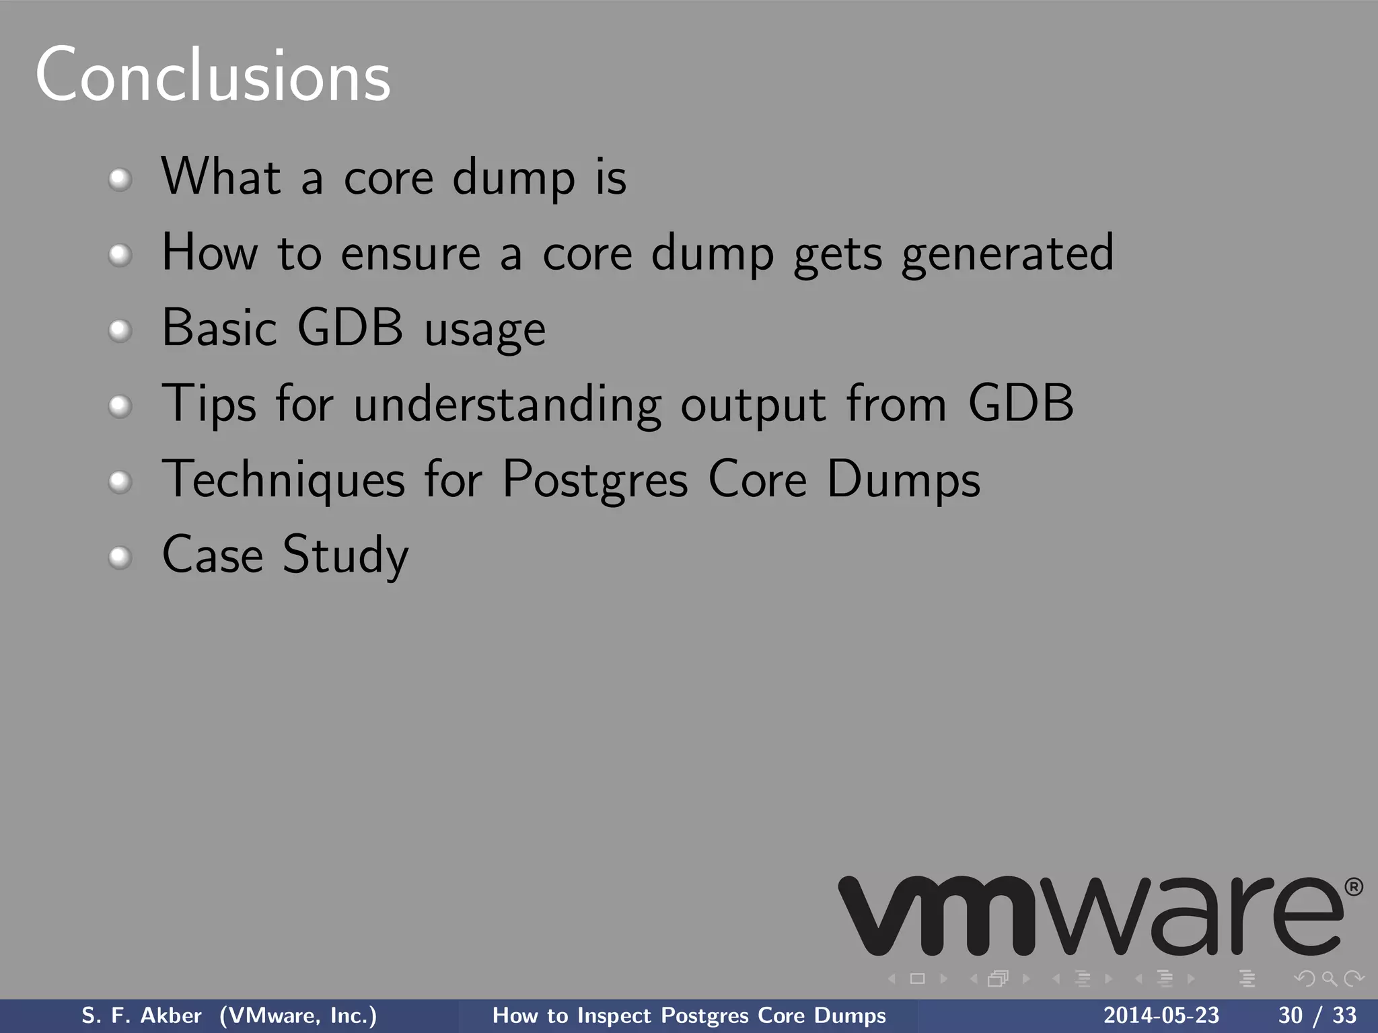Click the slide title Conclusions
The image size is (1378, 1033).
pyautogui.click(x=213, y=75)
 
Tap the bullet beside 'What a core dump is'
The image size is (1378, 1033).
pyautogui.click(x=120, y=180)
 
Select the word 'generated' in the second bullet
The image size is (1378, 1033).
pyautogui.click(x=1007, y=254)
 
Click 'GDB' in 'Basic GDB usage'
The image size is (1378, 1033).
pyautogui.click(x=350, y=328)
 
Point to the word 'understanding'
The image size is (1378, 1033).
pyautogui.click(x=507, y=405)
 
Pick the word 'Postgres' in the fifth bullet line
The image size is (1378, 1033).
pyautogui.click(x=595, y=480)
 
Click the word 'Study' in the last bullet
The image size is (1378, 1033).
pyautogui.click(x=345, y=556)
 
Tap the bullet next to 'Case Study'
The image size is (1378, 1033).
pyautogui.click(x=120, y=557)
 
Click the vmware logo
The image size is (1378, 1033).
pyautogui.click(x=1090, y=915)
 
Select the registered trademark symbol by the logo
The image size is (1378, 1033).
pyautogui.click(x=1353, y=887)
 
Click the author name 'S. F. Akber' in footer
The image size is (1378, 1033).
pyautogui.click(x=141, y=1016)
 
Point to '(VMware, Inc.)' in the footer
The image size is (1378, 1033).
pyautogui.click(x=298, y=1016)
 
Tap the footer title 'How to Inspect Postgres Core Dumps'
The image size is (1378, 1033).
pyautogui.click(x=689, y=1016)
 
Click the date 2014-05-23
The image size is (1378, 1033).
pyautogui.click(x=1161, y=1016)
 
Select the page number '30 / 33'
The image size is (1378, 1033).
pyautogui.click(x=1317, y=1016)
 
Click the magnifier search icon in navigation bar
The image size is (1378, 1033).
pyautogui.click(x=1329, y=979)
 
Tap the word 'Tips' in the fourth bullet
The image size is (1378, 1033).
pyautogui.click(x=209, y=405)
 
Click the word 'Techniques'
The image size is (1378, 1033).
pyautogui.click(x=284, y=480)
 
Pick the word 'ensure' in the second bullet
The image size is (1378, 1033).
pyautogui.click(x=410, y=254)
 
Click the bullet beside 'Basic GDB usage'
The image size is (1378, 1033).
pyautogui.click(x=120, y=330)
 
